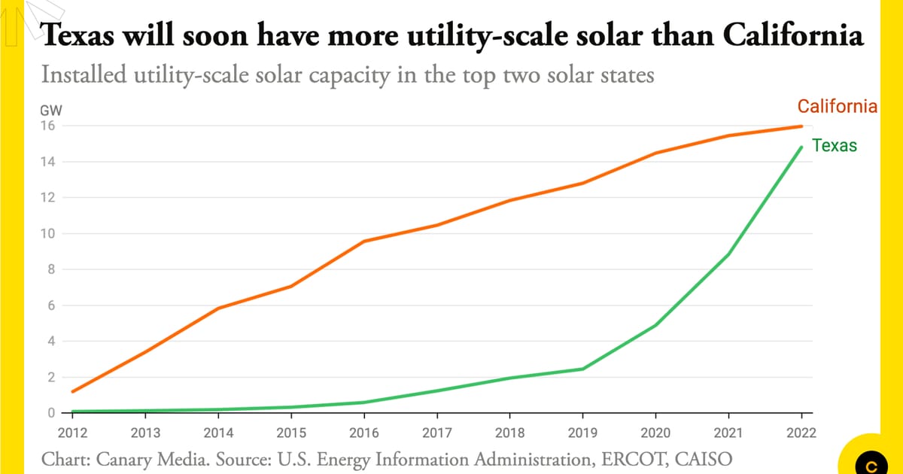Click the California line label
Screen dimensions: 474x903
(837, 106)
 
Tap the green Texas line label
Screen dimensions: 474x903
(835, 146)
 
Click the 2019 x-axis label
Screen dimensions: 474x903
(582, 433)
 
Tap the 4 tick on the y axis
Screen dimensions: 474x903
(50, 342)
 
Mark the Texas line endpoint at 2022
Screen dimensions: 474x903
(801, 147)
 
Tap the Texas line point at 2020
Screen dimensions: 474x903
(655, 325)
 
